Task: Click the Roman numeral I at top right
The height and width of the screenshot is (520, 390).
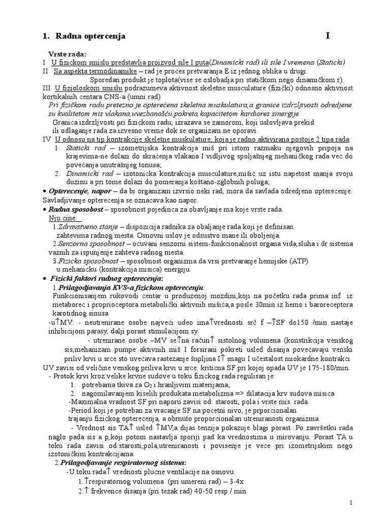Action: pyautogui.click(x=328, y=36)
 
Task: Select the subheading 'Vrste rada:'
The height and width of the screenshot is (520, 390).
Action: pyautogui.click(x=67, y=54)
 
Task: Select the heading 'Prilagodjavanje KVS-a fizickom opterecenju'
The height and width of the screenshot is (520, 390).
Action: pyautogui.click(x=132, y=288)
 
